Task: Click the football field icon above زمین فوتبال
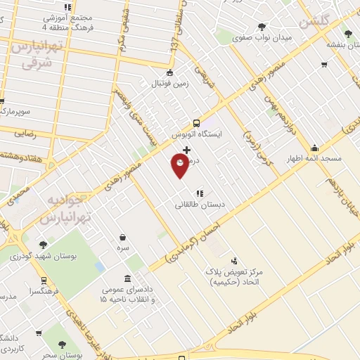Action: coord(169,72)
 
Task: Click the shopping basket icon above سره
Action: coord(123,237)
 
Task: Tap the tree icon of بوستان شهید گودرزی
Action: coord(44,245)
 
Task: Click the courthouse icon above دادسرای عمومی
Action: coord(126,278)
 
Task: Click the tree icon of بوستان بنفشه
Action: coord(347,33)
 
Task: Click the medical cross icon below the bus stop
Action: coord(186,149)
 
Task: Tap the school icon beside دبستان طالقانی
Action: coord(200,192)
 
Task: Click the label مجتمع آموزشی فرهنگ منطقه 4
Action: coord(67,22)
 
